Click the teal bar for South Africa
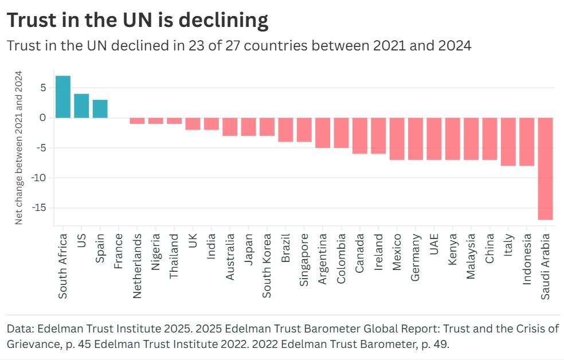(x=63, y=97)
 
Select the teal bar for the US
(x=81, y=105)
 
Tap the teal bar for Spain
(x=100, y=109)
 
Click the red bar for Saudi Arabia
(x=546, y=169)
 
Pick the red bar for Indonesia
(x=527, y=142)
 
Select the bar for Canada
(x=359, y=136)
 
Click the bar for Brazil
(x=285, y=130)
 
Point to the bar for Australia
(x=230, y=127)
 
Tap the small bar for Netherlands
(x=137, y=121)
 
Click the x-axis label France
(x=119, y=251)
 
